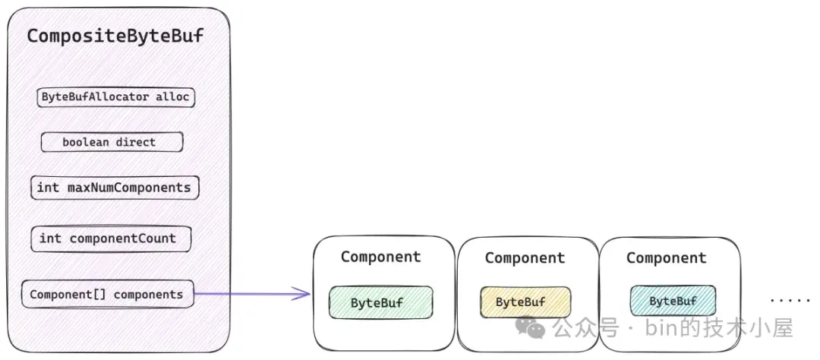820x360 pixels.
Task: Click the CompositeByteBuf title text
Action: coord(115,36)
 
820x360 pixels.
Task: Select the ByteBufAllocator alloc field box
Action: coord(115,97)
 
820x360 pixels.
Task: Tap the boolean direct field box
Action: coord(112,142)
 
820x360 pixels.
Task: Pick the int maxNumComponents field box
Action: coord(115,188)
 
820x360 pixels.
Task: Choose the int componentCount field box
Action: coord(111,238)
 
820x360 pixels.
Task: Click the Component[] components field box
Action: coord(107,294)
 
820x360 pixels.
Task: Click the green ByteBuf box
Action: coord(380,302)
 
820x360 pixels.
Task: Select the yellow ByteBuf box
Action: coord(525,302)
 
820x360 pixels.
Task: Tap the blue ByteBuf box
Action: coord(673,301)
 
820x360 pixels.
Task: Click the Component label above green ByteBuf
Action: coord(380,257)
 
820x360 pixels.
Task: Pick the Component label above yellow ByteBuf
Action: coord(525,258)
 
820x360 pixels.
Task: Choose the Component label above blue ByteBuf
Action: coord(667,258)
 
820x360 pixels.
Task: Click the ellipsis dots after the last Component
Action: coord(790,301)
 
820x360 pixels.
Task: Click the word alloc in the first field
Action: coord(172,96)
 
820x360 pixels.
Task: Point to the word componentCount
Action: coord(122,238)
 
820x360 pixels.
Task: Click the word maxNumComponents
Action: coord(129,188)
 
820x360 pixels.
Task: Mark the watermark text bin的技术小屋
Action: coord(719,328)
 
